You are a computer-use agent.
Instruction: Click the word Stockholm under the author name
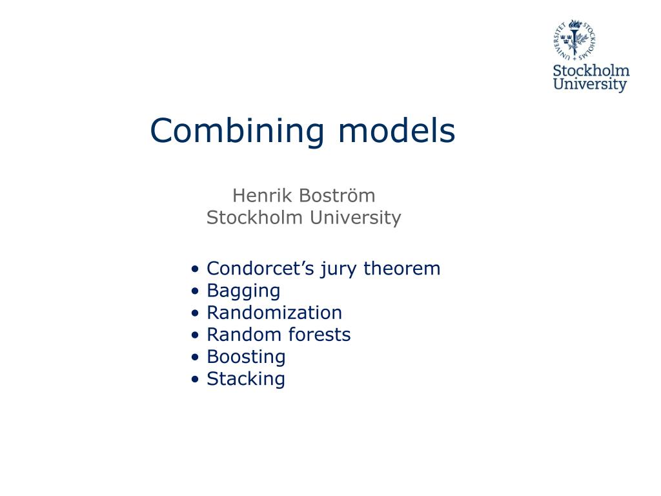[254, 218]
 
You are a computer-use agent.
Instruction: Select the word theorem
[402, 269]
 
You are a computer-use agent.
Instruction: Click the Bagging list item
[243, 291]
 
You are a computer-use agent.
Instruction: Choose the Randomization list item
[274, 313]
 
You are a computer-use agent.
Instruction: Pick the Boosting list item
[246, 356]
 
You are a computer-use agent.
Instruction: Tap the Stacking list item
[246, 379]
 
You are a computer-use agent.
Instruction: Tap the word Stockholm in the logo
[591, 70]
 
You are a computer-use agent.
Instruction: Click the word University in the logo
[590, 85]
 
